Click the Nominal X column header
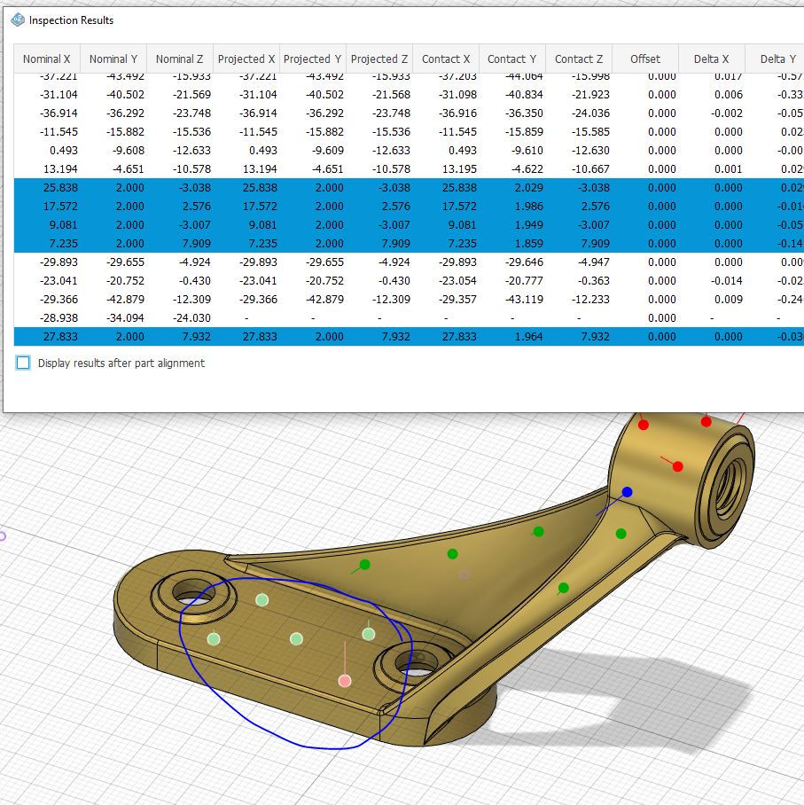pos(46,59)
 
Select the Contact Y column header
pos(511,59)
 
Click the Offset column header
pos(644,59)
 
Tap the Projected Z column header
pos(379,59)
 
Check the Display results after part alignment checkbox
pos(23,363)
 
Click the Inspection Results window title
pos(71,20)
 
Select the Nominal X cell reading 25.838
pos(53,188)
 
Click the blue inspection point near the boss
pos(628,492)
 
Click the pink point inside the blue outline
pos(345,681)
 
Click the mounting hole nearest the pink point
pos(407,660)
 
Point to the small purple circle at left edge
pos(2,535)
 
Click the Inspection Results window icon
pos(18,20)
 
